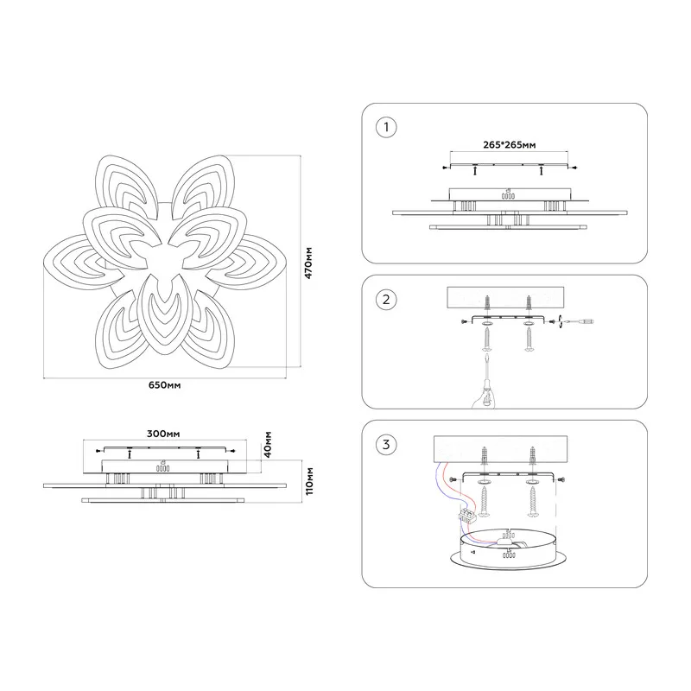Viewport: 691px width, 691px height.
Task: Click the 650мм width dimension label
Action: tap(164, 385)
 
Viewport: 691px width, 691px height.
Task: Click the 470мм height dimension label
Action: tap(309, 263)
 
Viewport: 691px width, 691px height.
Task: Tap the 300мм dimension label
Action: tap(163, 434)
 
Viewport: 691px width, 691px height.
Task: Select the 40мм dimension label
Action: tap(268, 445)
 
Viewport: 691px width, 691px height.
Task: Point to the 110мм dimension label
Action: tap(309, 481)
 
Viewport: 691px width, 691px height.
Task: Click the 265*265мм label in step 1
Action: tap(510, 145)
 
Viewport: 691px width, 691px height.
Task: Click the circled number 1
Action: tap(386, 127)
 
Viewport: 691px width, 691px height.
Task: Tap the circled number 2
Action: tap(386, 300)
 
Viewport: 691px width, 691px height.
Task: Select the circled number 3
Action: tap(386, 444)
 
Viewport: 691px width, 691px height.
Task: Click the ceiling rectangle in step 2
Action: tap(505, 298)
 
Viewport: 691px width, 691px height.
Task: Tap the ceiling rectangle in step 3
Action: tap(501, 449)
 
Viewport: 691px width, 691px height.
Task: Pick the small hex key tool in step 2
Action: tap(576, 321)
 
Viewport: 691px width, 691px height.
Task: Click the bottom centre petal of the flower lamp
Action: tap(164, 314)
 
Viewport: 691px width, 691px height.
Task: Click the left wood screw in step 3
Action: tap(484, 501)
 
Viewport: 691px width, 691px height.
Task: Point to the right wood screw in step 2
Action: tap(529, 339)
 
